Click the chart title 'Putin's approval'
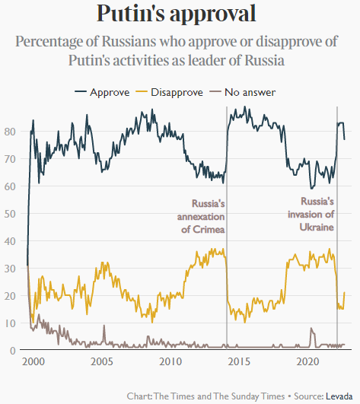pyautogui.click(x=177, y=14)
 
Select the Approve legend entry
pyautogui.click(x=102, y=92)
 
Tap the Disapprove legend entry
pyautogui.click(x=170, y=92)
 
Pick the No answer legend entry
pyautogui.click(x=243, y=92)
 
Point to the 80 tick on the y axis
pyautogui.click(x=10, y=132)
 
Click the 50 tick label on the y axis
pyautogui.click(x=10, y=214)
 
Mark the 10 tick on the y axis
pyautogui.click(x=10, y=323)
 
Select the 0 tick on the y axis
pyautogui.click(x=13, y=351)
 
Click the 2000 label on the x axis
pyautogui.click(x=33, y=361)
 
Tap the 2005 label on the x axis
pyautogui.click(x=102, y=361)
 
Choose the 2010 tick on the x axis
pyautogui.click(x=170, y=361)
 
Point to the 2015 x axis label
pyautogui.click(x=239, y=361)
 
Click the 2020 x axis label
pyautogui.click(x=307, y=361)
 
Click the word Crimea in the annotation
pyautogui.click(x=209, y=229)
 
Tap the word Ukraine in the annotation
pyautogui.click(x=317, y=227)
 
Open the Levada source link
pyautogui.click(x=339, y=396)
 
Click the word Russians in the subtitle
pyautogui.click(x=129, y=41)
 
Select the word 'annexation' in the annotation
pyautogui.click(x=201, y=217)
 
